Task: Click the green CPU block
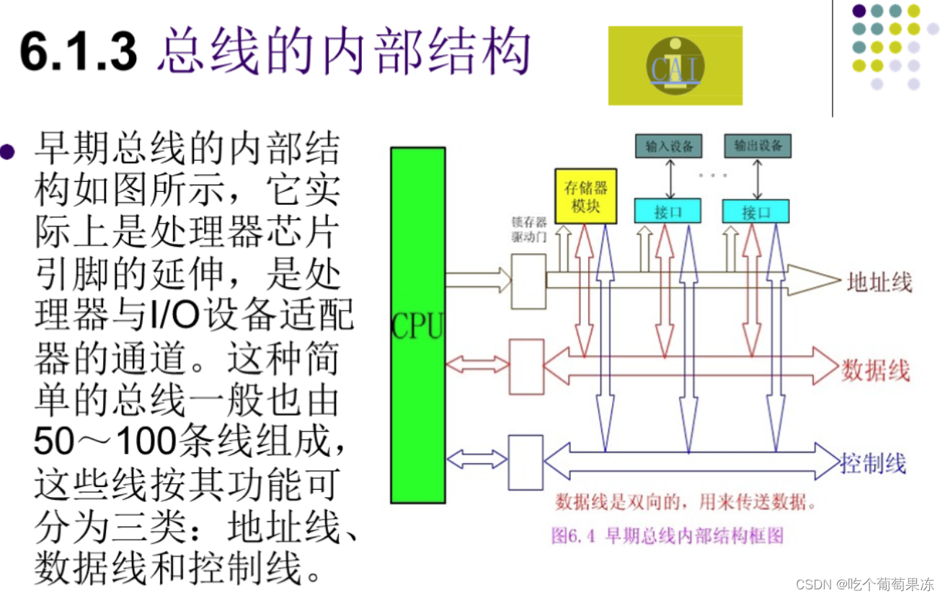417,325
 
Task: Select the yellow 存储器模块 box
585,195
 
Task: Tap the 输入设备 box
669,146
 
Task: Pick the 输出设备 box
758,146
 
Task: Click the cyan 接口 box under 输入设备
667,211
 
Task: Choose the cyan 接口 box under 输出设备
755,211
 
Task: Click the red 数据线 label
875,370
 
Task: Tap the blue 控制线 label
873,462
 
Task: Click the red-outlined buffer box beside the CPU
526,366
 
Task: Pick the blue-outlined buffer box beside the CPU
525,462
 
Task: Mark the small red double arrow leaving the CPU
477,364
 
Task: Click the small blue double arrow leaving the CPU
477,458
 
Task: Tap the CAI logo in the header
675,66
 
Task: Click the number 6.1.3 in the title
78,52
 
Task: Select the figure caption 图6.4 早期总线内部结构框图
667,536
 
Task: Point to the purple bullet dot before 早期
8,151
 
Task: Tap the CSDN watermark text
875,583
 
